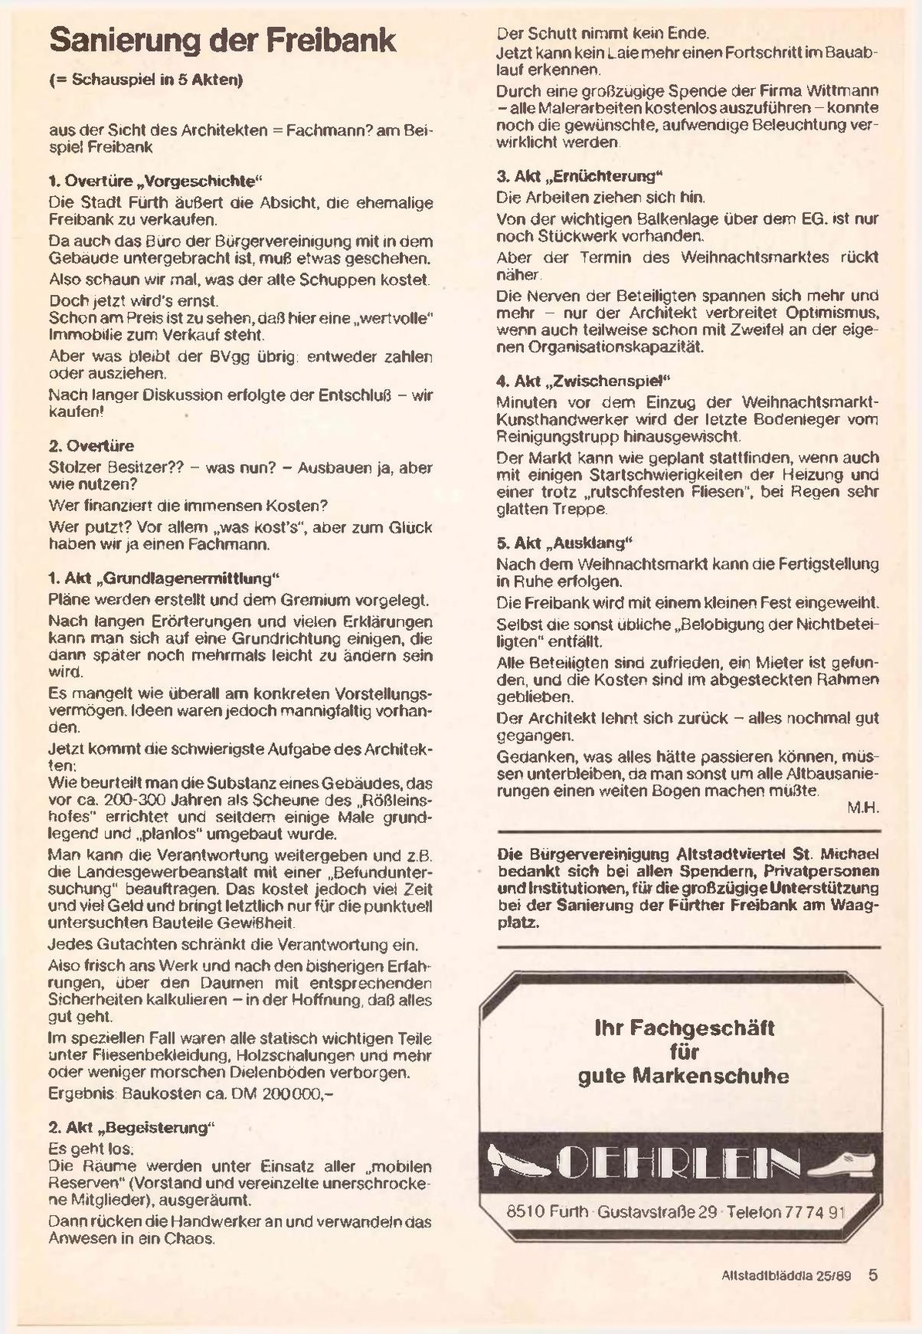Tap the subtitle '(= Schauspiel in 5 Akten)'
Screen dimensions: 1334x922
tap(146, 80)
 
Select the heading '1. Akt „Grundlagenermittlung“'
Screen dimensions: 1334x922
tap(163, 578)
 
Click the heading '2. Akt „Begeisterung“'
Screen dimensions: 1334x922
tap(130, 1128)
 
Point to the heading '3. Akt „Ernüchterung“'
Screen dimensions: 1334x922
tap(579, 176)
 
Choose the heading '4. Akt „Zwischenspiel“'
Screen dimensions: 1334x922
tap(583, 381)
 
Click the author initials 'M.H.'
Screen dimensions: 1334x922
tap(863, 808)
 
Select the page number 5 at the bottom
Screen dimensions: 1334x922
tap(873, 1275)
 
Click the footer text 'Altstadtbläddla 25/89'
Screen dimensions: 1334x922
tap(785, 1276)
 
